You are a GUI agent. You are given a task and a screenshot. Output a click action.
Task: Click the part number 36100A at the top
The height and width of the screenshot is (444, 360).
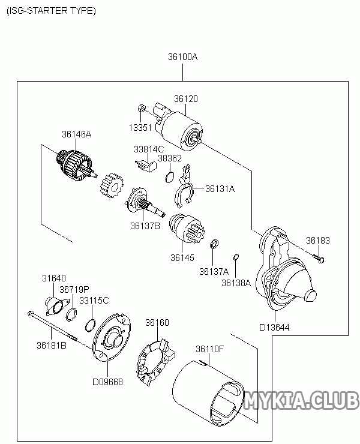[182, 58]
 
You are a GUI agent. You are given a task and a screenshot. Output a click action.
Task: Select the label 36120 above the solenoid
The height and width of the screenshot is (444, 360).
[186, 99]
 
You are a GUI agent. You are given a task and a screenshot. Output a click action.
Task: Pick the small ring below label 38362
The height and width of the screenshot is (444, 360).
[170, 176]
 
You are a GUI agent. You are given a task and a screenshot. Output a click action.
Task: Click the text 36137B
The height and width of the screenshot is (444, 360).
[145, 226]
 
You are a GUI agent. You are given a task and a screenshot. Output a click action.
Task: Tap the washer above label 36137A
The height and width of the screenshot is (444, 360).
[214, 245]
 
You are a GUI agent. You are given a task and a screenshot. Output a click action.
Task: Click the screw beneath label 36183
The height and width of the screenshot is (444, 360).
[319, 258]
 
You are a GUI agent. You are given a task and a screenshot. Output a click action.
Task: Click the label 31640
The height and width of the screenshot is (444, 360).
[53, 278]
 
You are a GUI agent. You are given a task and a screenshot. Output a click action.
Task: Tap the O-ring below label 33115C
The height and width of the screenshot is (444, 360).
[90, 325]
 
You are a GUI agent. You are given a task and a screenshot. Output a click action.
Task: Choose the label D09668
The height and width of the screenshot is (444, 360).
[107, 382]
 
